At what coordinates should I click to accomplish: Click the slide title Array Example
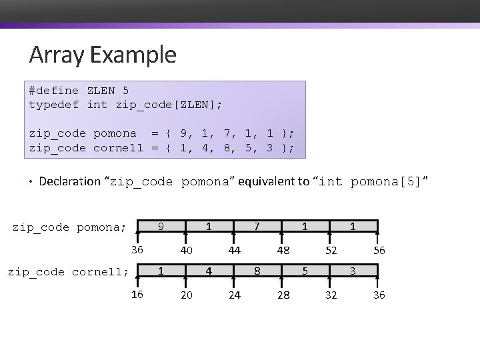pyautogui.click(x=103, y=55)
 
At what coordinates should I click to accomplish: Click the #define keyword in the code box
pyautogui.click(x=53, y=91)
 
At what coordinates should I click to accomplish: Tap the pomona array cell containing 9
pyautogui.click(x=161, y=227)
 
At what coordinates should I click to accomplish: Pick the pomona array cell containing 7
pyautogui.click(x=257, y=227)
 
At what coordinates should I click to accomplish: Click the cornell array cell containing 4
pyautogui.click(x=209, y=271)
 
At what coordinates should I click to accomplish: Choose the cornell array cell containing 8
pyautogui.click(x=257, y=271)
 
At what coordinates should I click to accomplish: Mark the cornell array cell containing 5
pyautogui.click(x=305, y=271)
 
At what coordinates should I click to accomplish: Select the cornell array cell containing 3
pyautogui.click(x=353, y=271)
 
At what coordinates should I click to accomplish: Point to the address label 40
pyautogui.click(x=187, y=251)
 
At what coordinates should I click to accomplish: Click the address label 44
pyautogui.click(x=234, y=251)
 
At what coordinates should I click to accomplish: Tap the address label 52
pyautogui.click(x=331, y=251)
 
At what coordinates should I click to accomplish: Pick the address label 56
pyautogui.click(x=379, y=251)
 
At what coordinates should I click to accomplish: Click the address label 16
pyautogui.click(x=137, y=295)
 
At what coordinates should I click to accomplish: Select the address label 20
pyautogui.click(x=187, y=295)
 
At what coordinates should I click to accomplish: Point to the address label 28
pyautogui.click(x=283, y=295)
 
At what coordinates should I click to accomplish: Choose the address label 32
pyautogui.click(x=331, y=295)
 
